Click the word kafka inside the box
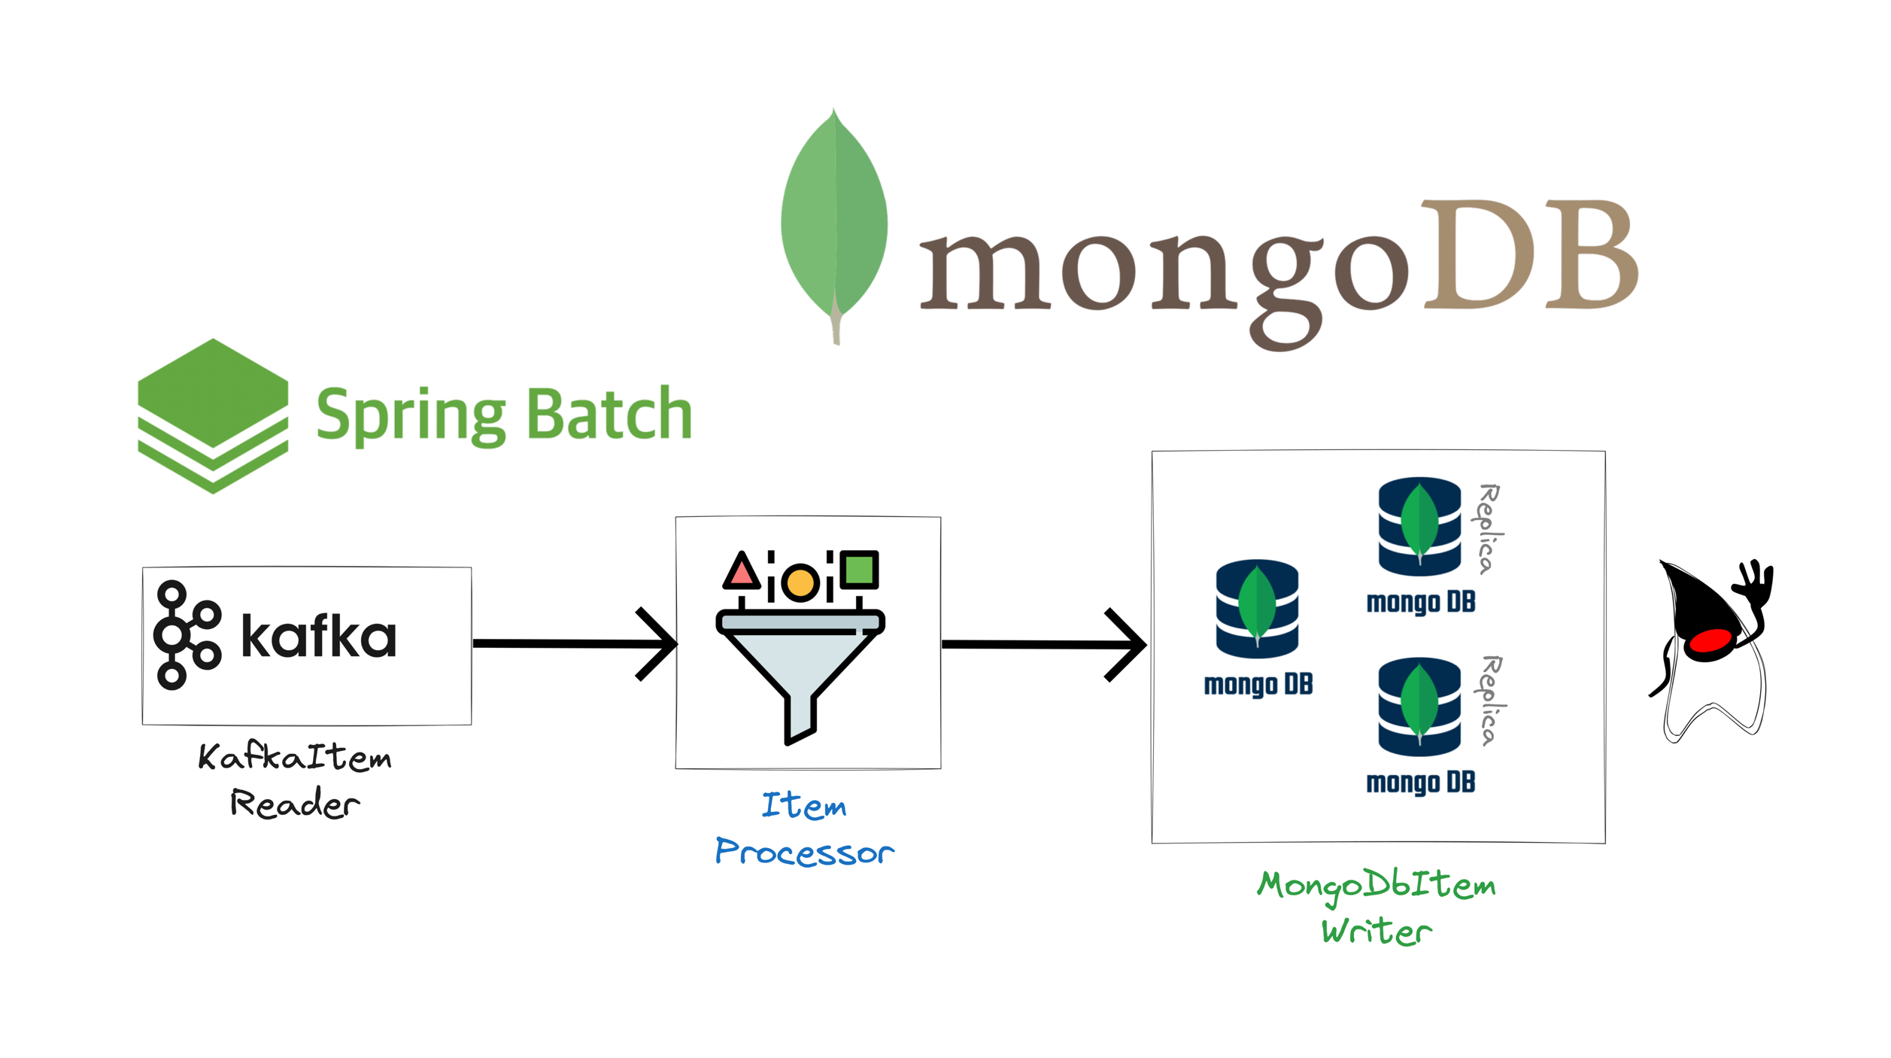click(x=318, y=637)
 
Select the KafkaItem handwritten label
click(x=295, y=757)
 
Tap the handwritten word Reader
click(x=295, y=804)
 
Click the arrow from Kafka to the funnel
click(x=575, y=643)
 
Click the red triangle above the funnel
click(x=742, y=572)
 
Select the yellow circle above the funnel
click(x=800, y=582)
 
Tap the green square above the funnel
click(x=859, y=570)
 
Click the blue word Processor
click(x=804, y=852)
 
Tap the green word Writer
click(x=1377, y=932)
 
